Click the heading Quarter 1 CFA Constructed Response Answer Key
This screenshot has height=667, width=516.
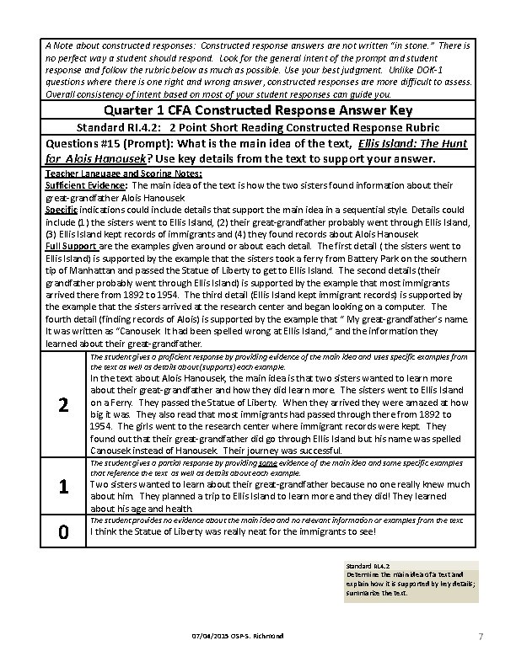[x=257, y=110]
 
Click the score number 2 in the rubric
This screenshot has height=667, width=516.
[x=62, y=405]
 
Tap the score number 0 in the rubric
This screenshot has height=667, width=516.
[x=62, y=531]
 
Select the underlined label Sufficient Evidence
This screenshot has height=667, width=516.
[x=85, y=183]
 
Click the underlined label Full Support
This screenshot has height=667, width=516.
[x=72, y=245]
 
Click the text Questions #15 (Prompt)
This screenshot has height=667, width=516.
[x=102, y=143]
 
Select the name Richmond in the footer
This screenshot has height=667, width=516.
[x=269, y=633]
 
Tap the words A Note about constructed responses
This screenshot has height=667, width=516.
[x=110, y=43]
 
